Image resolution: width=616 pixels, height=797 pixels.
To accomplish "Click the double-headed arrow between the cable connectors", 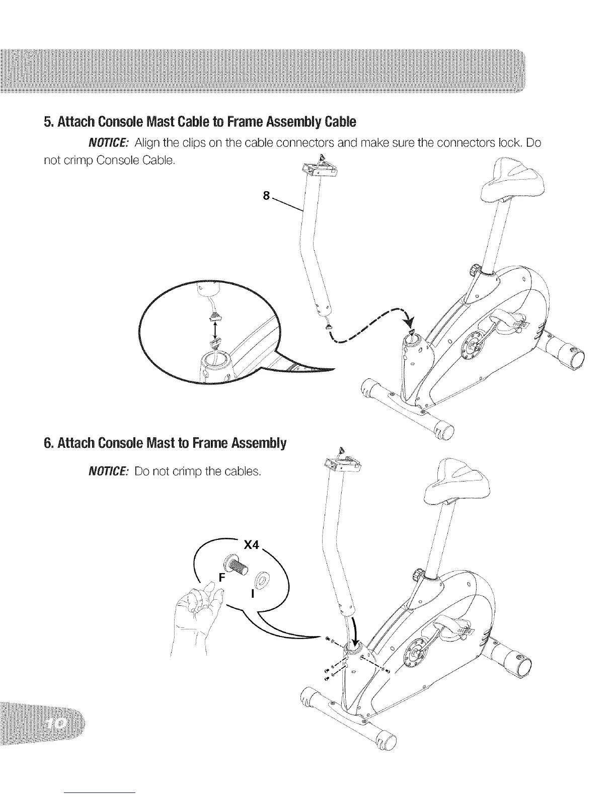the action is pos(215,330).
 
